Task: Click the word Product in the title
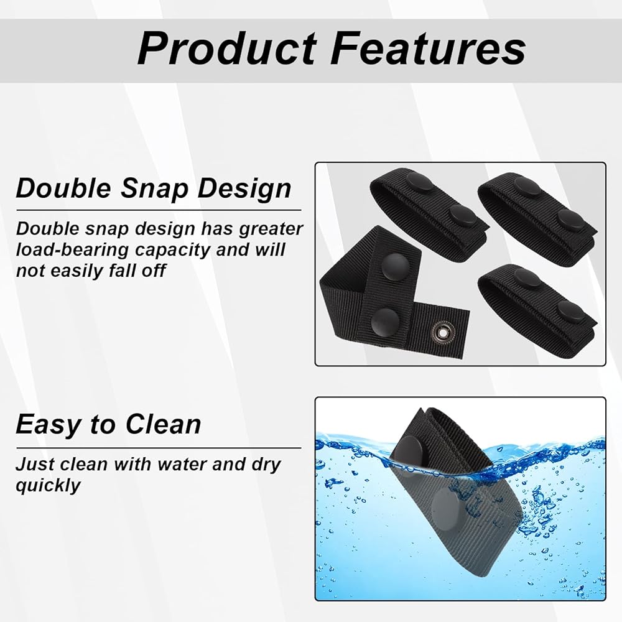pos(227,49)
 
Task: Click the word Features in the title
pos(429,49)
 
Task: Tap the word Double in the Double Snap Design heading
pos(63,188)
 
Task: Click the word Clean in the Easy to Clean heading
pos(163,424)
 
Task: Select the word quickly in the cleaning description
pos(48,486)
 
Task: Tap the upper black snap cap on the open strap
pos(395,266)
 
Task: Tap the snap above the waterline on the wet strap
pos(410,451)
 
